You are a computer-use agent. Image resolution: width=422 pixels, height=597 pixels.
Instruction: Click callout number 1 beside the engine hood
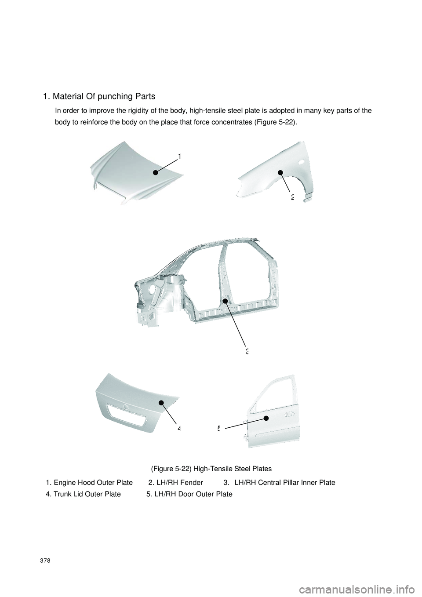click(x=180, y=156)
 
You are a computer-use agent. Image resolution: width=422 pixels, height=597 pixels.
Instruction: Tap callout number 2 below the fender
click(x=292, y=197)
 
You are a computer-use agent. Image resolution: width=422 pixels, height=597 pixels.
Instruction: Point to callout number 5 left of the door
click(x=218, y=428)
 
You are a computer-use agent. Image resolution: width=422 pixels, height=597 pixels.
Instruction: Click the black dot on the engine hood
click(x=156, y=173)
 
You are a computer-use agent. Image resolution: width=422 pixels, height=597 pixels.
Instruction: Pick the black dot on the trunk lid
click(x=161, y=403)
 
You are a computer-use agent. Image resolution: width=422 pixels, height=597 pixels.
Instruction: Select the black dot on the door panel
click(x=266, y=418)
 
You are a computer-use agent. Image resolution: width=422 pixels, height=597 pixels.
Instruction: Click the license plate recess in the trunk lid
click(x=126, y=416)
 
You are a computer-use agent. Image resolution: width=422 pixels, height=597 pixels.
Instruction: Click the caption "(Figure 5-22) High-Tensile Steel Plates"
click(x=211, y=469)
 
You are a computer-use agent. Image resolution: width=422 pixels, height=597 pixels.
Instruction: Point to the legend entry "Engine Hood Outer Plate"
click(x=93, y=483)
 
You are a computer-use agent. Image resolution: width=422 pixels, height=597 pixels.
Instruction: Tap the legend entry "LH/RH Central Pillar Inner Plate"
click(x=284, y=483)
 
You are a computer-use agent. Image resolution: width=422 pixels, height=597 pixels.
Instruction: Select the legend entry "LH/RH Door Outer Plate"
click(x=193, y=494)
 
